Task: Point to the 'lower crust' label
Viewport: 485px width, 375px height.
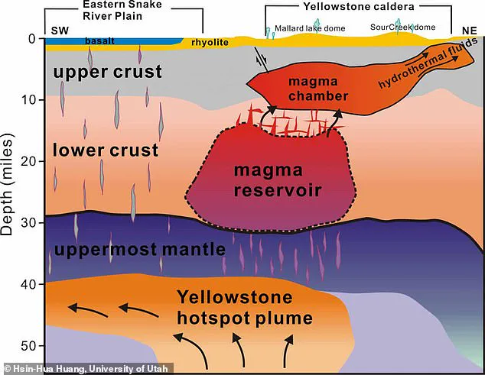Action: tap(106, 149)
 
